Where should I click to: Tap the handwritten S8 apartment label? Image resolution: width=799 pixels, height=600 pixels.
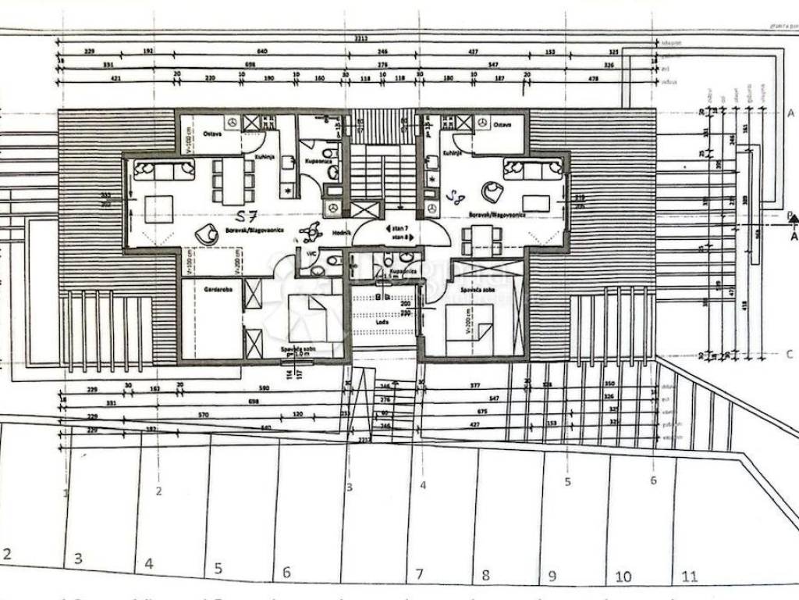[454, 196]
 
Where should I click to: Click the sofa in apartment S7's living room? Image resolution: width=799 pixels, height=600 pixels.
[164, 170]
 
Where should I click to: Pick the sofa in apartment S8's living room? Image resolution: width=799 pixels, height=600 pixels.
[533, 168]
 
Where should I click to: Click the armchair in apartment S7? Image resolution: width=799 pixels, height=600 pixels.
[207, 232]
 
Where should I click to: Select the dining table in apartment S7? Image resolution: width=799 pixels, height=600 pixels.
[233, 180]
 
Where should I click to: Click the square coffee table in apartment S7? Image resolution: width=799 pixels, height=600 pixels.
[159, 209]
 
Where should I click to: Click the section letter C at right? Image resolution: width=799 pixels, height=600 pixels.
[790, 354]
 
